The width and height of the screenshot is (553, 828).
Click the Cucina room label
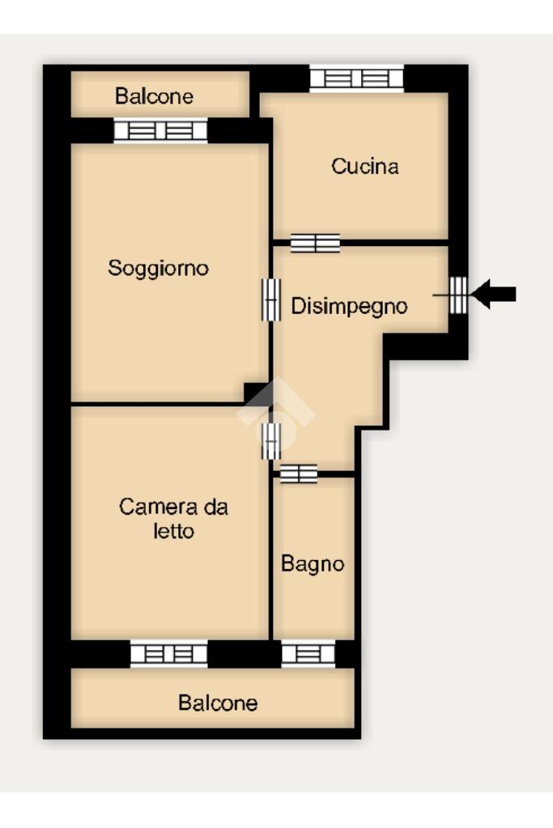[x=365, y=167]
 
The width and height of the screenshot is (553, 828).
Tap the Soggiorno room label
[x=159, y=268]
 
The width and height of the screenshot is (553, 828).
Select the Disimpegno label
[x=350, y=306]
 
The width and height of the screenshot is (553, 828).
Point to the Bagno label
[x=313, y=564]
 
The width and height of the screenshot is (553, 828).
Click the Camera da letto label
[x=174, y=519]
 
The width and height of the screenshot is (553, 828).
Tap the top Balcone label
[x=154, y=96]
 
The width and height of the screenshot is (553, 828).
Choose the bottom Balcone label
[x=218, y=703]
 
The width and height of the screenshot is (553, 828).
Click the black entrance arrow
[x=493, y=294]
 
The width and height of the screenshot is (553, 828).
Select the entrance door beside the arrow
[x=457, y=295]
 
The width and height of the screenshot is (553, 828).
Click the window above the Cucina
[x=356, y=79]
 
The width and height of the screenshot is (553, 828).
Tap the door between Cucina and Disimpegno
[x=315, y=243]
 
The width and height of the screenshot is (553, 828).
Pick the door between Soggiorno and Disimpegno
[x=271, y=299]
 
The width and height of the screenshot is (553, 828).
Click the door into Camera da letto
[x=271, y=440]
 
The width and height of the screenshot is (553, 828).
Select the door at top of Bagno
[x=299, y=473]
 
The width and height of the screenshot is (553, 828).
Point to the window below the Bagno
[x=308, y=654]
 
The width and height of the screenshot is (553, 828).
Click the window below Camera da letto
[x=169, y=654]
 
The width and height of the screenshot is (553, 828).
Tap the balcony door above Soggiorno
[x=160, y=130]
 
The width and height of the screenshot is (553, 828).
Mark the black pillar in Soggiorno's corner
[x=256, y=393]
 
